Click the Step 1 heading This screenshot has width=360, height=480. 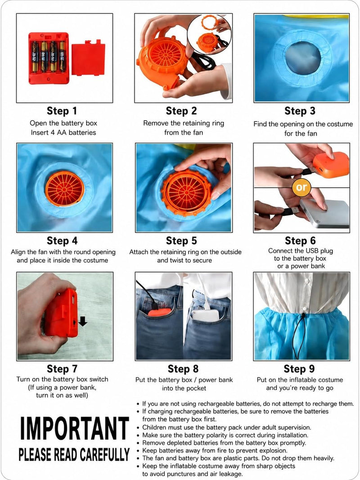click(62, 111)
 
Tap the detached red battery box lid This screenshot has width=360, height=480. click(88, 59)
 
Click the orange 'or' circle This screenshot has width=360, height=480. click(301, 187)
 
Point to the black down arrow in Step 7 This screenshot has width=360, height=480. click(83, 321)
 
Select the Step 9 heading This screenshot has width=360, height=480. click(299, 369)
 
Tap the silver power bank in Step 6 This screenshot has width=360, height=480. click(324, 213)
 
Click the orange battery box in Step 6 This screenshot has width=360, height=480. click(331, 164)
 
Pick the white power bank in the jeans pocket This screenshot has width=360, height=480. click(206, 315)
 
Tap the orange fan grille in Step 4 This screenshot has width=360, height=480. click(65, 188)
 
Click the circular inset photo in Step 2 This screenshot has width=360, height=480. click(209, 34)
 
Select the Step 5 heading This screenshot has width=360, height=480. click(181, 241)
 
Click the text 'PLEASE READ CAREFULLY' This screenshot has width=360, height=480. click(74, 455)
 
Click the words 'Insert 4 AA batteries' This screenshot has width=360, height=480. click(63, 133)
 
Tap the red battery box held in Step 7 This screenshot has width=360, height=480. click(62, 313)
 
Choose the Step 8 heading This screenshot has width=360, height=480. click(183, 369)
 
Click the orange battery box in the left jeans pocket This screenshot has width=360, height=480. click(160, 312)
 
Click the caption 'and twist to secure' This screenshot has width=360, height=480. click(184, 260)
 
